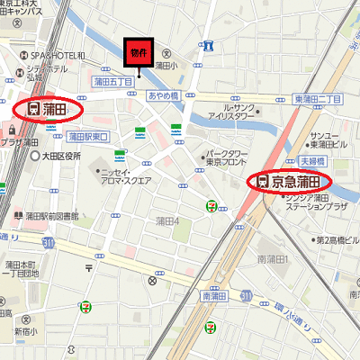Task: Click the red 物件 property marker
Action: point(137,53)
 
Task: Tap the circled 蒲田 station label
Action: point(50,109)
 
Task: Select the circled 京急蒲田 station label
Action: point(290,181)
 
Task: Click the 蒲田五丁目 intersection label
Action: point(113,81)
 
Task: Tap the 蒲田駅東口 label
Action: point(88,136)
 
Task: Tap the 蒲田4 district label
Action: point(167,220)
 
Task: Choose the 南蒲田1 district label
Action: point(272,259)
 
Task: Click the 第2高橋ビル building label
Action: point(335,240)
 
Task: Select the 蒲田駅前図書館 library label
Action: point(50,216)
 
